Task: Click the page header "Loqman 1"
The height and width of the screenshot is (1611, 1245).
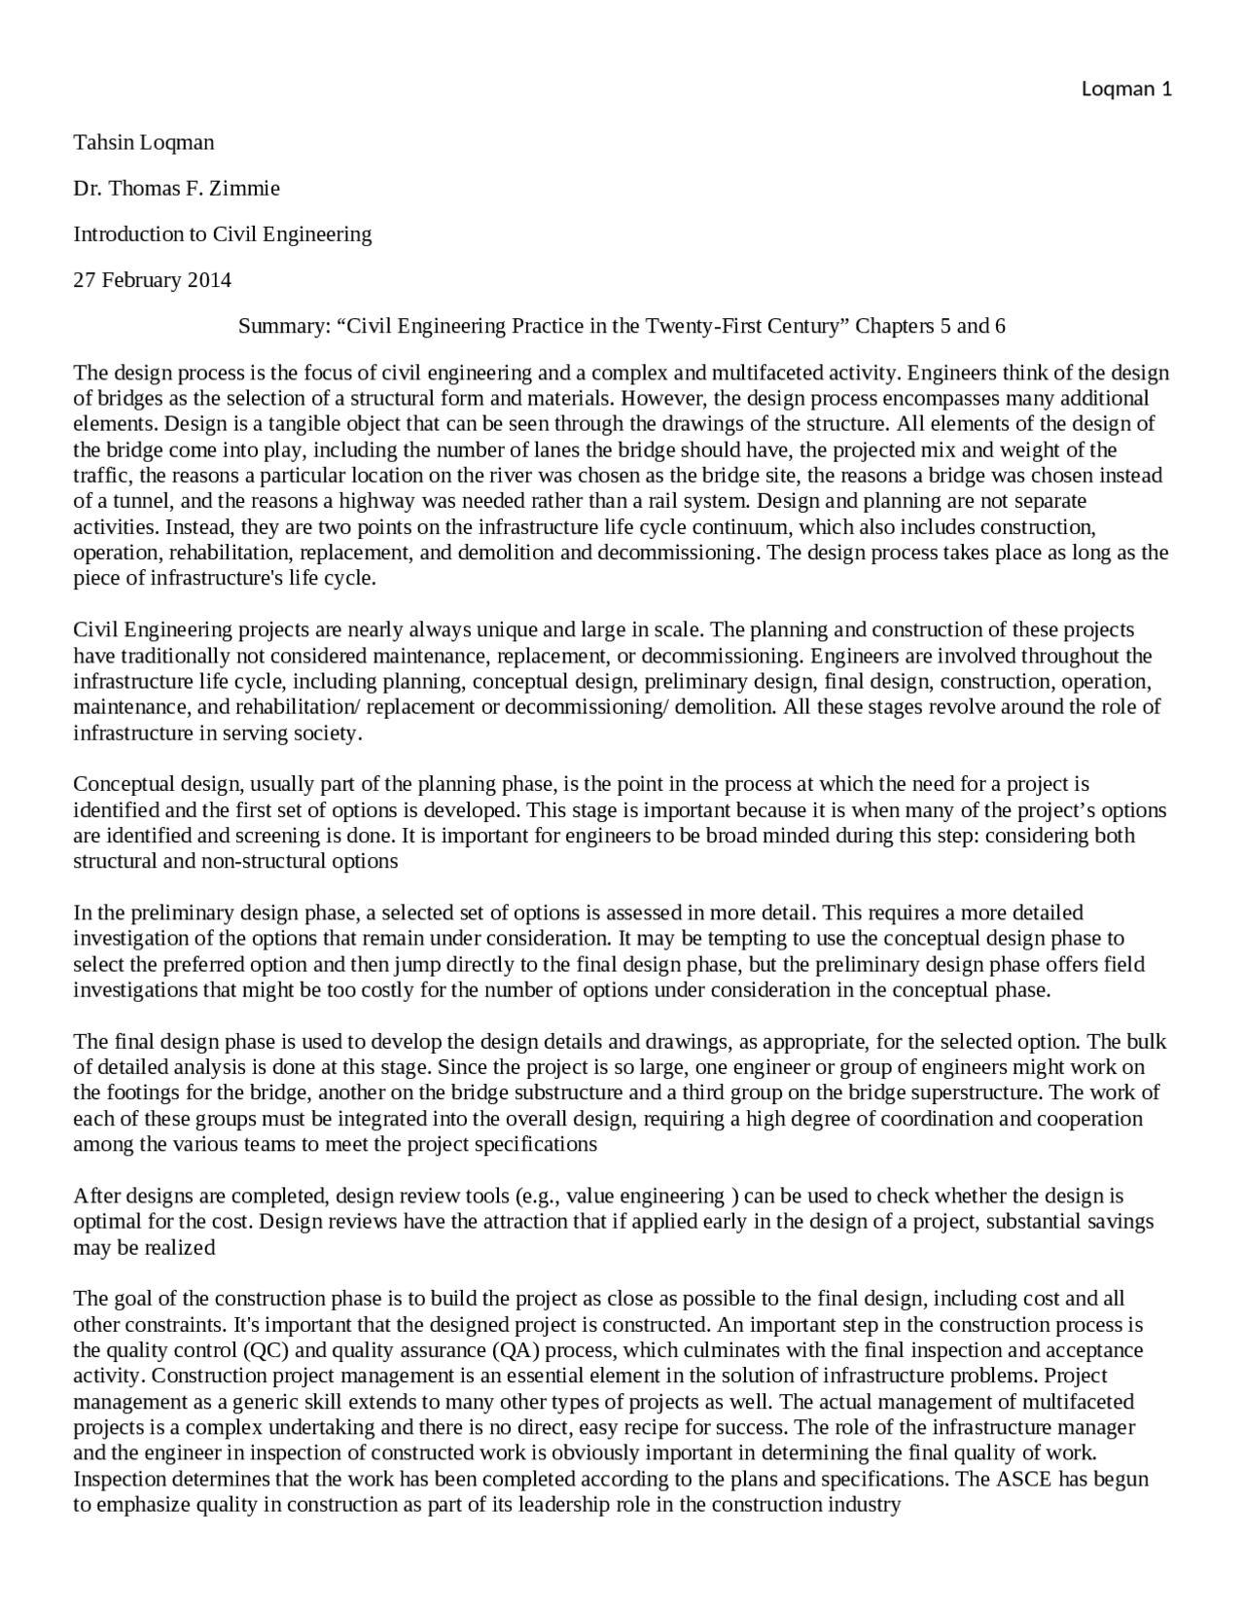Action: [x=1126, y=89]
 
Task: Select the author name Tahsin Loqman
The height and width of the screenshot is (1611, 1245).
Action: [x=144, y=142]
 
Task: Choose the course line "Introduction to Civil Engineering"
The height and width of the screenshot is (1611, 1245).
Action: [x=223, y=234]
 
